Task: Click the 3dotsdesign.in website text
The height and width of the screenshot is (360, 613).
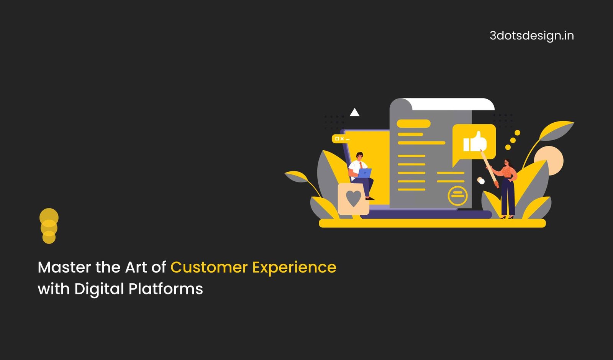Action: pos(532,36)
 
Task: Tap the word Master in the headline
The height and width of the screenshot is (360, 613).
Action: pos(64,267)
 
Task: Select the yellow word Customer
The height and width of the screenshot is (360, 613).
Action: pos(209,267)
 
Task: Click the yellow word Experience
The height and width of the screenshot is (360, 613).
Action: pos(294,268)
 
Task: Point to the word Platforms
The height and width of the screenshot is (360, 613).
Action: pos(166,289)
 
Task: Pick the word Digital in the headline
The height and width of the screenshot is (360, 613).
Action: pos(99,289)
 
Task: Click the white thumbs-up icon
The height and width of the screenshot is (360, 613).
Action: pos(475,141)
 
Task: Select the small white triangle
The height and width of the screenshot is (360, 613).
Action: pos(354,112)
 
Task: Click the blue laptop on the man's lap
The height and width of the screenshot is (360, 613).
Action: pos(364,173)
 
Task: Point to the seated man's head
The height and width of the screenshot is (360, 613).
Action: pos(360,156)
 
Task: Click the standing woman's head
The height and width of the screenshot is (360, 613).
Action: pos(507,163)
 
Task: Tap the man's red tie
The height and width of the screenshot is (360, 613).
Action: pos(361,165)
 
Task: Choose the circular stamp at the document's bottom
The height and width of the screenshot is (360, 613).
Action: pos(457,196)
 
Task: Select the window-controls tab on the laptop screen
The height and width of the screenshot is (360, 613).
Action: pos(341,139)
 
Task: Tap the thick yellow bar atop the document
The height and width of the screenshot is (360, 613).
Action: pos(413,124)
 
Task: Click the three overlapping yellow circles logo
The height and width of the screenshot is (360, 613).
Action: pos(49,226)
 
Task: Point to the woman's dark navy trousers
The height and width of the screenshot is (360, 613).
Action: pos(508,197)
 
